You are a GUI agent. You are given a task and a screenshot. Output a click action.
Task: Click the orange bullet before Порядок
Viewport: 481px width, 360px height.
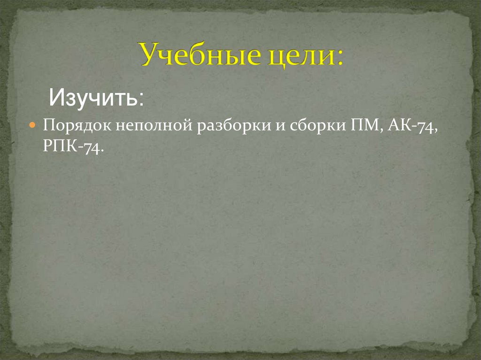33,127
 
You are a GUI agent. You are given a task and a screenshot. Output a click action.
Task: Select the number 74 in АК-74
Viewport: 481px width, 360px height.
427,127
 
